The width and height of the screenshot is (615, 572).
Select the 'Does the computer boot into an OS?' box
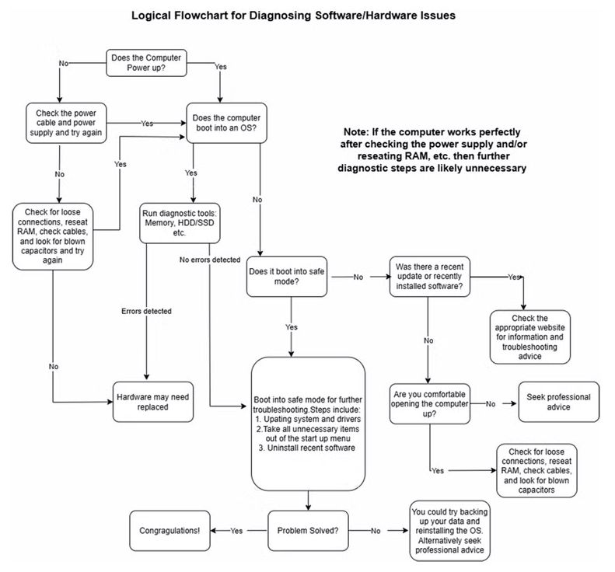226,124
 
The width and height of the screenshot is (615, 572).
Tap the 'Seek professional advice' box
558,402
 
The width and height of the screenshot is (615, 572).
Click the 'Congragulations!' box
169,531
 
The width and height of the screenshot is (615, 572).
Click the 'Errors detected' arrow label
146,311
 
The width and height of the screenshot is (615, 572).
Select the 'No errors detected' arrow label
209,259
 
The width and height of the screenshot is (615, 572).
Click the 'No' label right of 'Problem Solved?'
375,531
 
